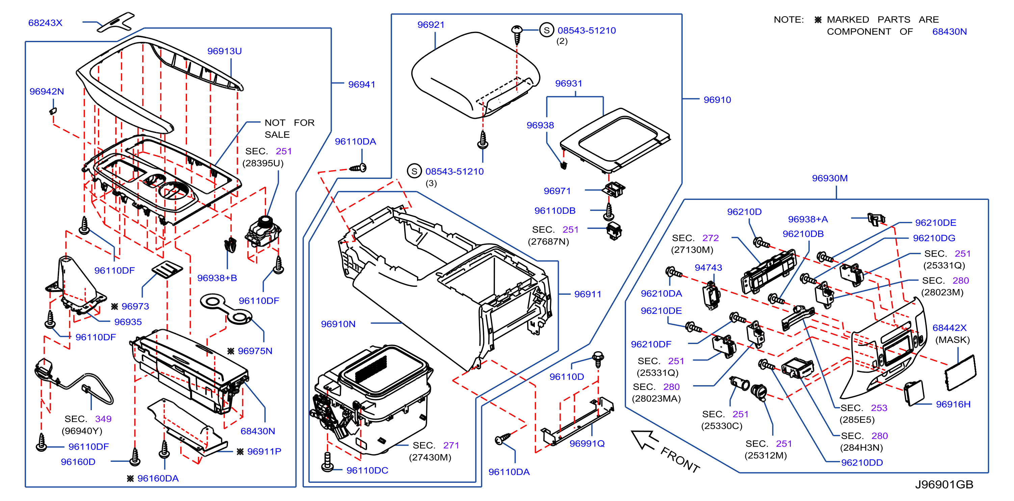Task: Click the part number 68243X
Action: coord(45,23)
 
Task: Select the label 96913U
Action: coord(224,51)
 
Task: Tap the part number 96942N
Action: coord(47,91)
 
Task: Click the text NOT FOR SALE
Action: coord(289,129)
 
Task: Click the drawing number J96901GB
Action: coord(944,484)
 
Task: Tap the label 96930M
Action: coord(830,178)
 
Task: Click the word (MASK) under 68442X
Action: coord(953,340)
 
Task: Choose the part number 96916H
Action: coord(953,404)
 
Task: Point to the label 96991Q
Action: coord(587,444)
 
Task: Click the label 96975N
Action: coord(255,351)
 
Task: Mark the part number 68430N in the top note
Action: coord(950,32)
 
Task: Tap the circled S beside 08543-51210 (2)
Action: coord(546,30)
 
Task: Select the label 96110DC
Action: coord(367,470)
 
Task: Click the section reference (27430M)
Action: coord(430,457)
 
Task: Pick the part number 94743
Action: coord(708,268)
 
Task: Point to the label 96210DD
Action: coord(862,463)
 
